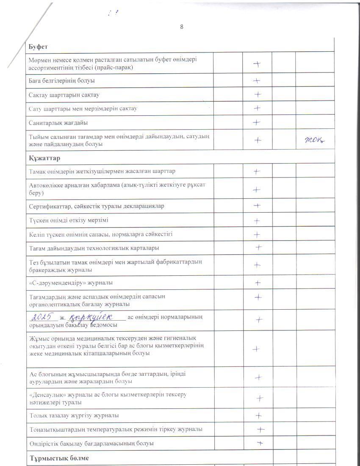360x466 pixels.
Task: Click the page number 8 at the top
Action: [x=182, y=27]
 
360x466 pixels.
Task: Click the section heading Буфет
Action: [x=37, y=46]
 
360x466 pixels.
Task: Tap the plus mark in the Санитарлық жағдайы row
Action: [x=257, y=122]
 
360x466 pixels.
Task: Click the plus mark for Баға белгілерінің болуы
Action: [x=257, y=80]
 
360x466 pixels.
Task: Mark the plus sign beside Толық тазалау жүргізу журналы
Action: [x=258, y=416]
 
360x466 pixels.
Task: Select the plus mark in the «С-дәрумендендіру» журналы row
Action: [x=258, y=283]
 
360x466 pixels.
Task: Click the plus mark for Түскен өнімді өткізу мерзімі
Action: [x=257, y=221]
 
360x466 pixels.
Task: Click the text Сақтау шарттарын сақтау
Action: [x=64, y=95]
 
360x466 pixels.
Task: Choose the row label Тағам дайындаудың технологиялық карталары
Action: [x=94, y=248]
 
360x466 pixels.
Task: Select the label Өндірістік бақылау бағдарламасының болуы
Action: [x=91, y=444]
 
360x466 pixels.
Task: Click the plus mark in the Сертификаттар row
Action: [x=257, y=205]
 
